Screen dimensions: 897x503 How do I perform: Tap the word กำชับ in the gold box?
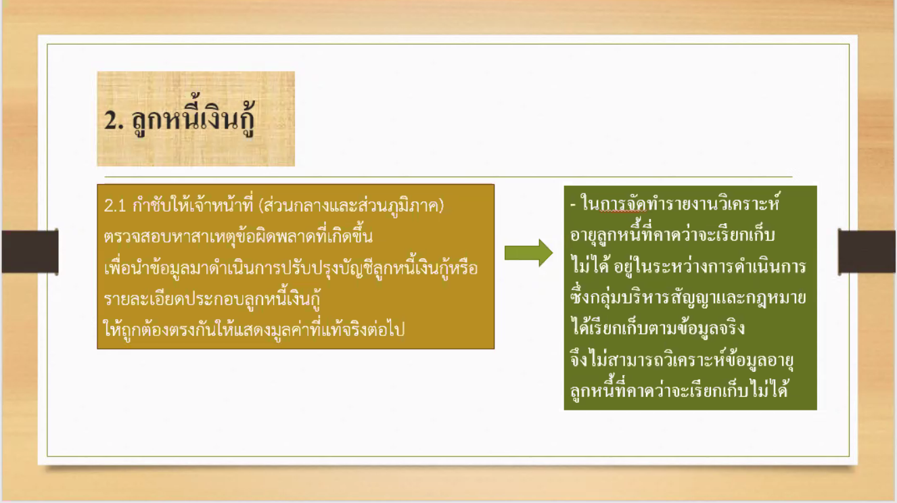point(151,205)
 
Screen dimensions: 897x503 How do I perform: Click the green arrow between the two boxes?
point(528,253)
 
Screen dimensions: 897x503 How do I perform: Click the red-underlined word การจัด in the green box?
point(623,204)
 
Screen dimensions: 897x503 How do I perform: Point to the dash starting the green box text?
point(573,205)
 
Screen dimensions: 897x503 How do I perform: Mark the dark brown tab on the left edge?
point(30,251)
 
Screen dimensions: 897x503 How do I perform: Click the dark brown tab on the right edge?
point(867,251)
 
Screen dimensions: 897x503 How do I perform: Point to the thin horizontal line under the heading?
point(448,176)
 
